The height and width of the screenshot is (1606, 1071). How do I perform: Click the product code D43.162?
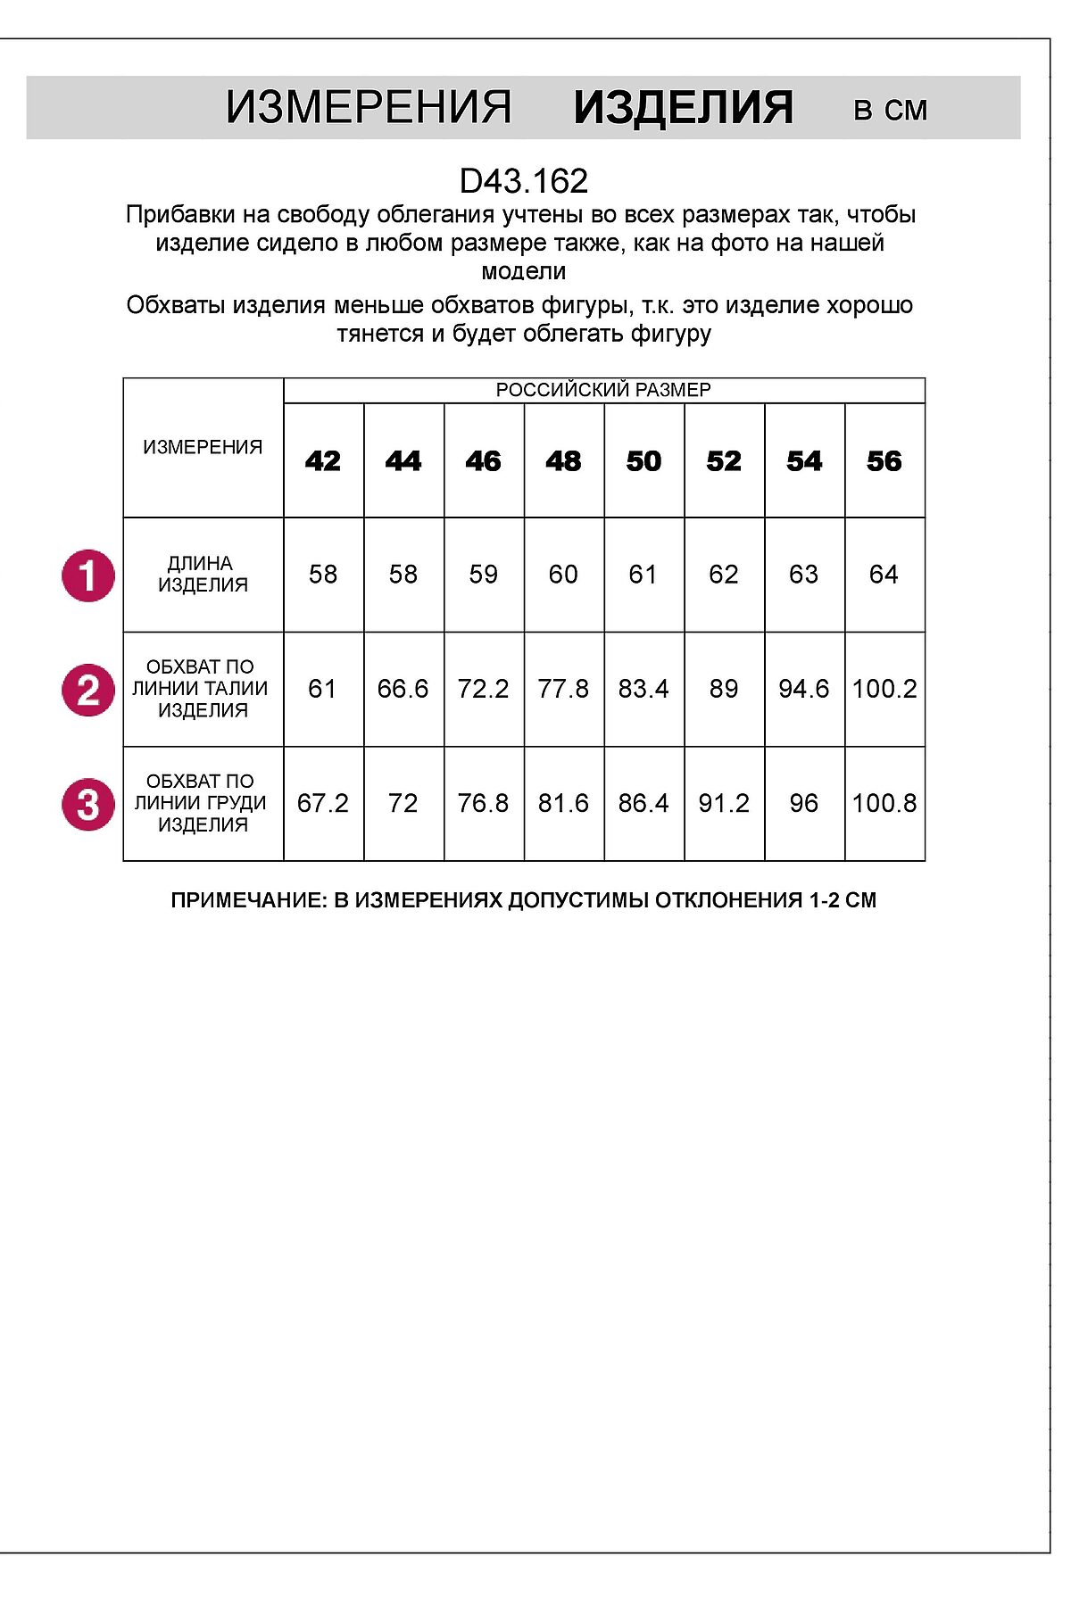coord(524,181)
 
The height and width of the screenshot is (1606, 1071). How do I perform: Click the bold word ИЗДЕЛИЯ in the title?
coord(683,108)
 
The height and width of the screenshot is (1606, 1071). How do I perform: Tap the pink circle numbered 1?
coord(88,575)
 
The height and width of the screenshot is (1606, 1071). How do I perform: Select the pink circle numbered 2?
coord(88,690)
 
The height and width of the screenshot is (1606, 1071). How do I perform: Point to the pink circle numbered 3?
coord(88,804)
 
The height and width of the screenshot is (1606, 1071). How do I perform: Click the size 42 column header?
coord(323,461)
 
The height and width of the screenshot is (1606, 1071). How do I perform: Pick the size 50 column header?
coord(643,461)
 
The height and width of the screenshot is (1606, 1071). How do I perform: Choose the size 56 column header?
coord(884,461)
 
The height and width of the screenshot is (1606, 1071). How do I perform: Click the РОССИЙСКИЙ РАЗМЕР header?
coord(603,390)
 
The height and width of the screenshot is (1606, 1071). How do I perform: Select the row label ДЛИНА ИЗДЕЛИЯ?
coord(203,574)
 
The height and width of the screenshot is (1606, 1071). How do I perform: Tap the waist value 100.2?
coord(884,689)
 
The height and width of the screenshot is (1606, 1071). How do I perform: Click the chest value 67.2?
coord(323,803)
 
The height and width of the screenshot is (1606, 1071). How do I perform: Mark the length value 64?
coord(884,575)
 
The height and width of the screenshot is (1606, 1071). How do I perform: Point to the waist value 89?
coord(724,689)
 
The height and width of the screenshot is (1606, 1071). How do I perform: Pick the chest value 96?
coord(804,803)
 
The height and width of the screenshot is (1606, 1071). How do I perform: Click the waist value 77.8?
coord(563,689)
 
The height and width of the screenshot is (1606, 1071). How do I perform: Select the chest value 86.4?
coord(643,803)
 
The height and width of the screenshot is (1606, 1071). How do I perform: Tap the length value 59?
coord(484,575)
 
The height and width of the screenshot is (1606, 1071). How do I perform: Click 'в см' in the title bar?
coord(891,110)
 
